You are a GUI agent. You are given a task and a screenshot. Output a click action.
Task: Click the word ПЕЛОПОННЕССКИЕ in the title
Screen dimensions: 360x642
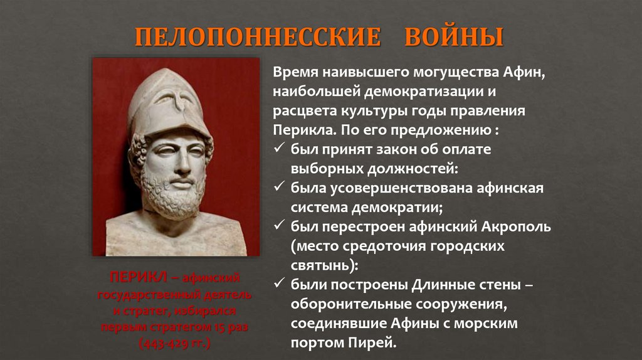pos(258,37)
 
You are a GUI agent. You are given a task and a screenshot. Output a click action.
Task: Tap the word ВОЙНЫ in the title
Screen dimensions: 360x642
pos(454,37)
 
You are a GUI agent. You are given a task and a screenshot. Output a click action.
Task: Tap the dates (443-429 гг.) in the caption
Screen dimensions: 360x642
pos(175,344)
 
